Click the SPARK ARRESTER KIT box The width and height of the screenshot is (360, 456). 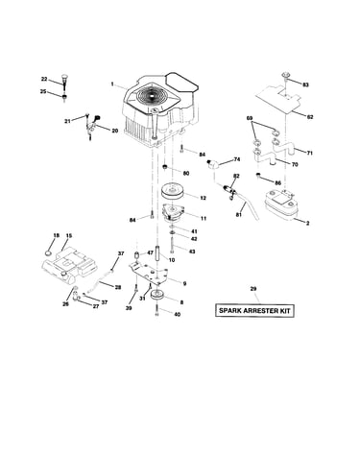(254, 310)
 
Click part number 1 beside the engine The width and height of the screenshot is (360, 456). (112, 84)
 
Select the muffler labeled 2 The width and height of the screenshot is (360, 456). (282, 204)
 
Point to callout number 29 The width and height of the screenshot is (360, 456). (253, 289)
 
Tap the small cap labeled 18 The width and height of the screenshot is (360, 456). (48, 253)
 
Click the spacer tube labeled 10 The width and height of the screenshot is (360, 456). (158, 252)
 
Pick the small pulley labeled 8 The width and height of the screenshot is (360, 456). (158, 295)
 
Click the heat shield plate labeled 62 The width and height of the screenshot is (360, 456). (279, 99)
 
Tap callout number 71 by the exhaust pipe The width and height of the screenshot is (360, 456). (310, 153)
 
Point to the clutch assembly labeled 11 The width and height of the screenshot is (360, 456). (175, 212)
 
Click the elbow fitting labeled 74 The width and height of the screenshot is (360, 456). (211, 164)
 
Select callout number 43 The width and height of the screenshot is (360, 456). (192, 252)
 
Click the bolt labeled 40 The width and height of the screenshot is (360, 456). (156, 310)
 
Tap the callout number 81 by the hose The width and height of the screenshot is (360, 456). (239, 215)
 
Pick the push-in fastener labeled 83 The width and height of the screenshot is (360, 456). (285, 75)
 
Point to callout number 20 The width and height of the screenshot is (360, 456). (115, 131)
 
